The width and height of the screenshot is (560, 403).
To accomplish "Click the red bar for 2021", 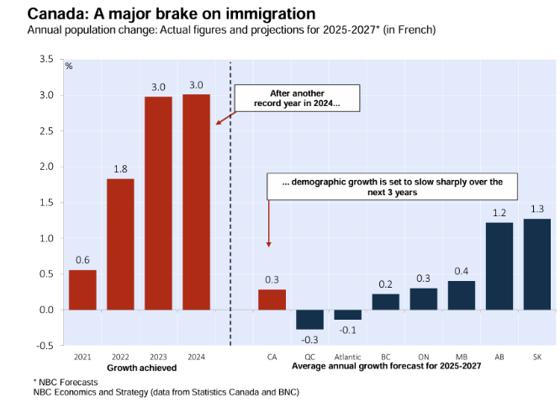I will pos(82,289).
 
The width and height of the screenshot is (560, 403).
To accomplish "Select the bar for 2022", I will pos(120,244).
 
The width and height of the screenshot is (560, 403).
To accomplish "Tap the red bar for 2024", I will pos(197,202).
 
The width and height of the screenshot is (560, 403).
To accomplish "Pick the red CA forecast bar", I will pos(272,300).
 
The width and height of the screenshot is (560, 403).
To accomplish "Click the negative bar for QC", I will pos(309,320).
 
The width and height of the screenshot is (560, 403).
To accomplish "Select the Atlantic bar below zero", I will pos(347,315).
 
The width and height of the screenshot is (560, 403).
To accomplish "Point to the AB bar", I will pos(499,266).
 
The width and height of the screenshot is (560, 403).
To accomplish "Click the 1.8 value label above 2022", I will pos(120,168).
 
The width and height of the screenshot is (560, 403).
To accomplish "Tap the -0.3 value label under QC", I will pos(309,339).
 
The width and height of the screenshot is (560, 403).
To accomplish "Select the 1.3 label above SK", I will pos(536,209).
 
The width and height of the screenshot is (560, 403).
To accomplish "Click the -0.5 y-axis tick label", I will pos(43,346).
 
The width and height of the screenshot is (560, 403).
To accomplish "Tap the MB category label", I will pos(461,358).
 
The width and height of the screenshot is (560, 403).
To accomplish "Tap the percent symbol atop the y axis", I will pos(69,66).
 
